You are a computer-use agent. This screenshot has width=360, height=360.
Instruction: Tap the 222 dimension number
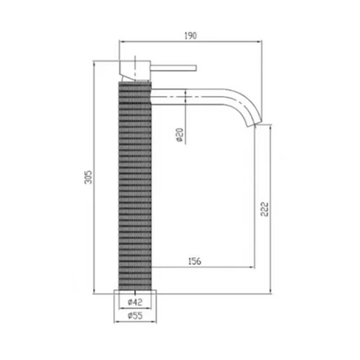pos(266,208)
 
